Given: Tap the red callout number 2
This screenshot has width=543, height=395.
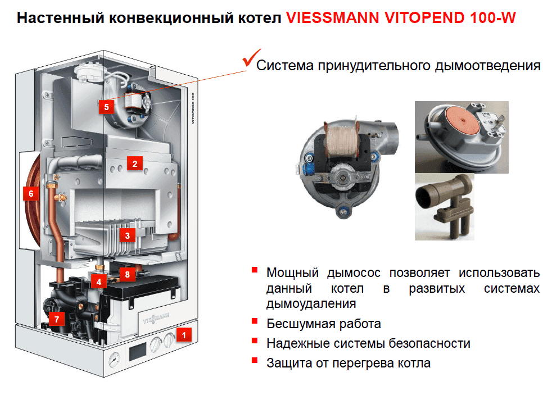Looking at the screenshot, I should coord(134,164).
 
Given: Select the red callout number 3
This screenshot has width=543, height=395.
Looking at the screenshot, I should coord(128,235).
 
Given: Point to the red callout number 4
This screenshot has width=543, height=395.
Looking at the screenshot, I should coord(99,282).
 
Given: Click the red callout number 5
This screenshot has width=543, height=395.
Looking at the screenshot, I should coord(106,106).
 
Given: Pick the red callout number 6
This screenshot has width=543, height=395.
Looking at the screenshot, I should coord(31,194).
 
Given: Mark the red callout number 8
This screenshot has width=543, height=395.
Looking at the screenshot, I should coord(128,275).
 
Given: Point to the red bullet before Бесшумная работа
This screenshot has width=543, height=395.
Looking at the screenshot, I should coord(255,322).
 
